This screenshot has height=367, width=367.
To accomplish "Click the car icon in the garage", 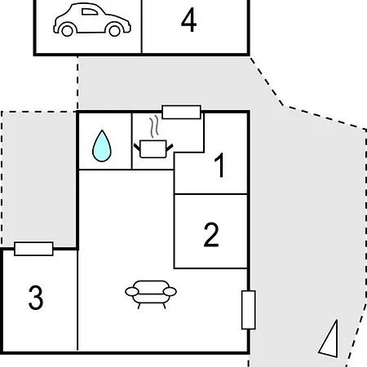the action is [x=92, y=20].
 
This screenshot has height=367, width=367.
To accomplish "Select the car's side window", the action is [x=90, y=11].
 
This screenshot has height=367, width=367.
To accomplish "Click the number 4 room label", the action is [x=188, y=20].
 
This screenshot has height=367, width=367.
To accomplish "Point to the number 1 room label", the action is [x=219, y=165].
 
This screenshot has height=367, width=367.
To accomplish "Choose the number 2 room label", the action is [x=211, y=235].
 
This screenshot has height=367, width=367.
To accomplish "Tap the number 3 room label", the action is [x=36, y=297].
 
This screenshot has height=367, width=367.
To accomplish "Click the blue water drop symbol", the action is [x=102, y=146].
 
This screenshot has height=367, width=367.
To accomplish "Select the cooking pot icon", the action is [x=153, y=148].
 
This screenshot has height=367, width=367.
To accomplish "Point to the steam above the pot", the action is [x=154, y=126].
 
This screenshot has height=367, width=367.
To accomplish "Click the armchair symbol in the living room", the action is [x=151, y=294].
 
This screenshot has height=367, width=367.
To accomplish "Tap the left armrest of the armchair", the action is [x=132, y=292].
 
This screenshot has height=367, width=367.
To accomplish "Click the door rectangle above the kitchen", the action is [x=181, y=112].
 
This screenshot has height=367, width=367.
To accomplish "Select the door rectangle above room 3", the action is [x=33, y=249].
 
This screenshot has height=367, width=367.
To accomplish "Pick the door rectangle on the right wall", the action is [x=249, y=310].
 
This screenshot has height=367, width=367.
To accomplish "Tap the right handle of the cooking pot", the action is [x=170, y=148].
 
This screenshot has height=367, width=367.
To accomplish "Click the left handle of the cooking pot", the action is [x=137, y=148].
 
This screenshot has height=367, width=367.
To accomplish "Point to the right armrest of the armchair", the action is [x=170, y=292].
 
